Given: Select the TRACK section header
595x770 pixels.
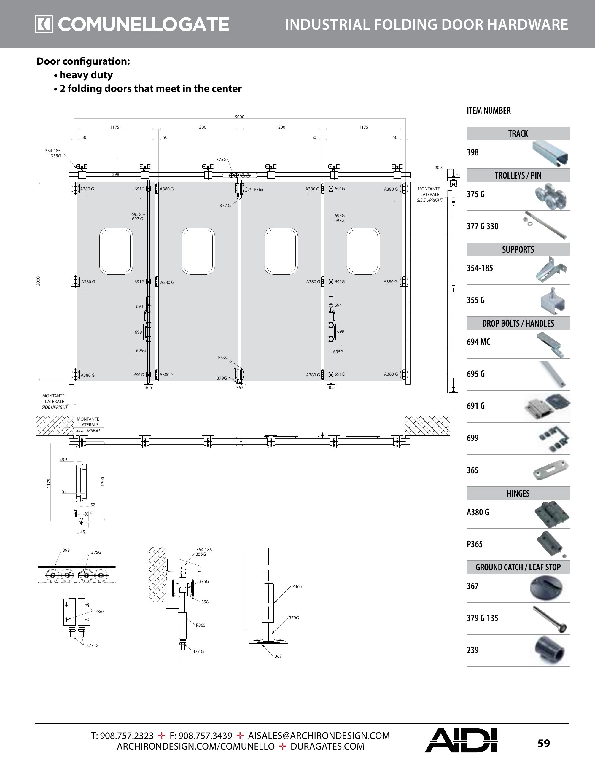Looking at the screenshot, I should tap(518, 133).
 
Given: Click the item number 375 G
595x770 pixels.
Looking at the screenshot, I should tap(475, 194).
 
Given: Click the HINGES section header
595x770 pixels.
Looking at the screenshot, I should tap(518, 493).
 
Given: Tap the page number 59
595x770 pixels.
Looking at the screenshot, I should tap(543, 743).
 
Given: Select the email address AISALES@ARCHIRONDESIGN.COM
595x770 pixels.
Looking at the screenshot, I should tap(319, 736).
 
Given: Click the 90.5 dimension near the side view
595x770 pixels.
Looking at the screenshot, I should tap(438, 168).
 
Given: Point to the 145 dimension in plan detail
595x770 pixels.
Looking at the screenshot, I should tap(82, 532).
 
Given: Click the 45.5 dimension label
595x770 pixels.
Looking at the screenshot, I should tap(63, 460).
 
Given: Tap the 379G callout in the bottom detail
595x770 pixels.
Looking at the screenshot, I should tap(294, 618).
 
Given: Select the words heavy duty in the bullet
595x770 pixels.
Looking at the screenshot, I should tap(86, 75).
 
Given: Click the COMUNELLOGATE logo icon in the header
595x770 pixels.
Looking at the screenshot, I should tap(44, 24).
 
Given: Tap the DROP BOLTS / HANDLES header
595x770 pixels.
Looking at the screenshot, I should tap(518, 323).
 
